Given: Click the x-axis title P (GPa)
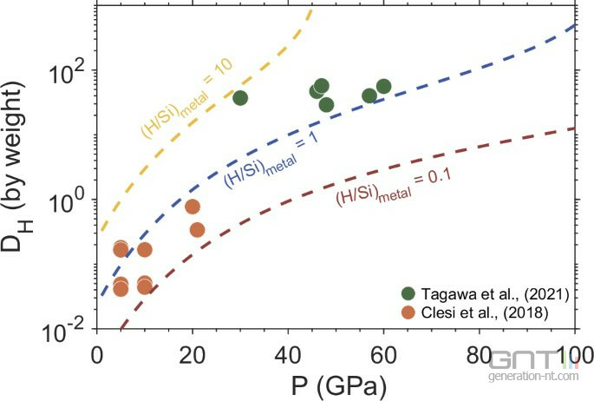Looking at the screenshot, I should point(334,382).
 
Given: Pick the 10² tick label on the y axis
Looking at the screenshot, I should point(69,71).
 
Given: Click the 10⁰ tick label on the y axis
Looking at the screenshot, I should point(69,200).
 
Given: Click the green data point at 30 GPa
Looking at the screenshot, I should point(240,97).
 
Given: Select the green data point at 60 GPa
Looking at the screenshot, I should point(383,86).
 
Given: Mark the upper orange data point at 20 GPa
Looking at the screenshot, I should point(193,207).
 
